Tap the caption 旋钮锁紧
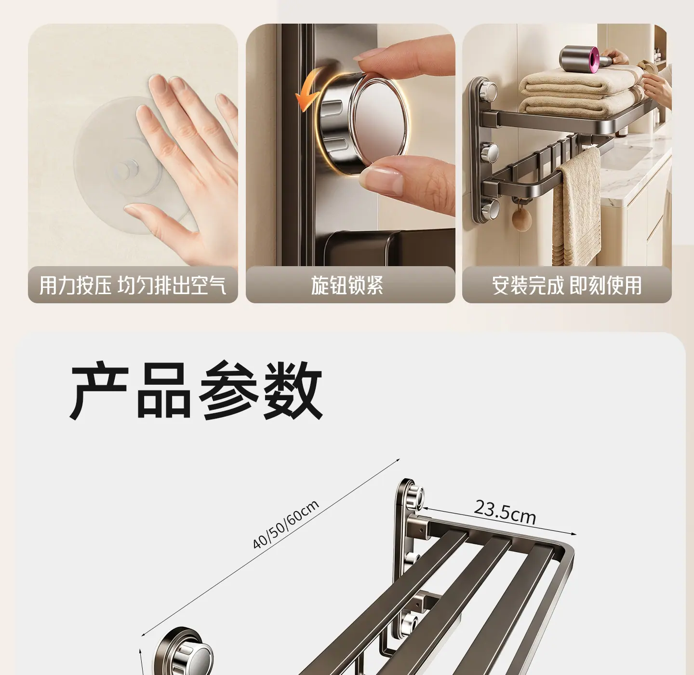[347, 285]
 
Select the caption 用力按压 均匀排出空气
[133, 285]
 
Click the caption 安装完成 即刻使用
[567, 285]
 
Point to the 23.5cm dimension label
[505, 513]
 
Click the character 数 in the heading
[293, 390]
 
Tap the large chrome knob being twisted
[362, 121]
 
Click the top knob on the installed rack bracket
[488, 91]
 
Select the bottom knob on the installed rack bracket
[489, 209]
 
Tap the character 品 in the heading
[164, 390]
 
